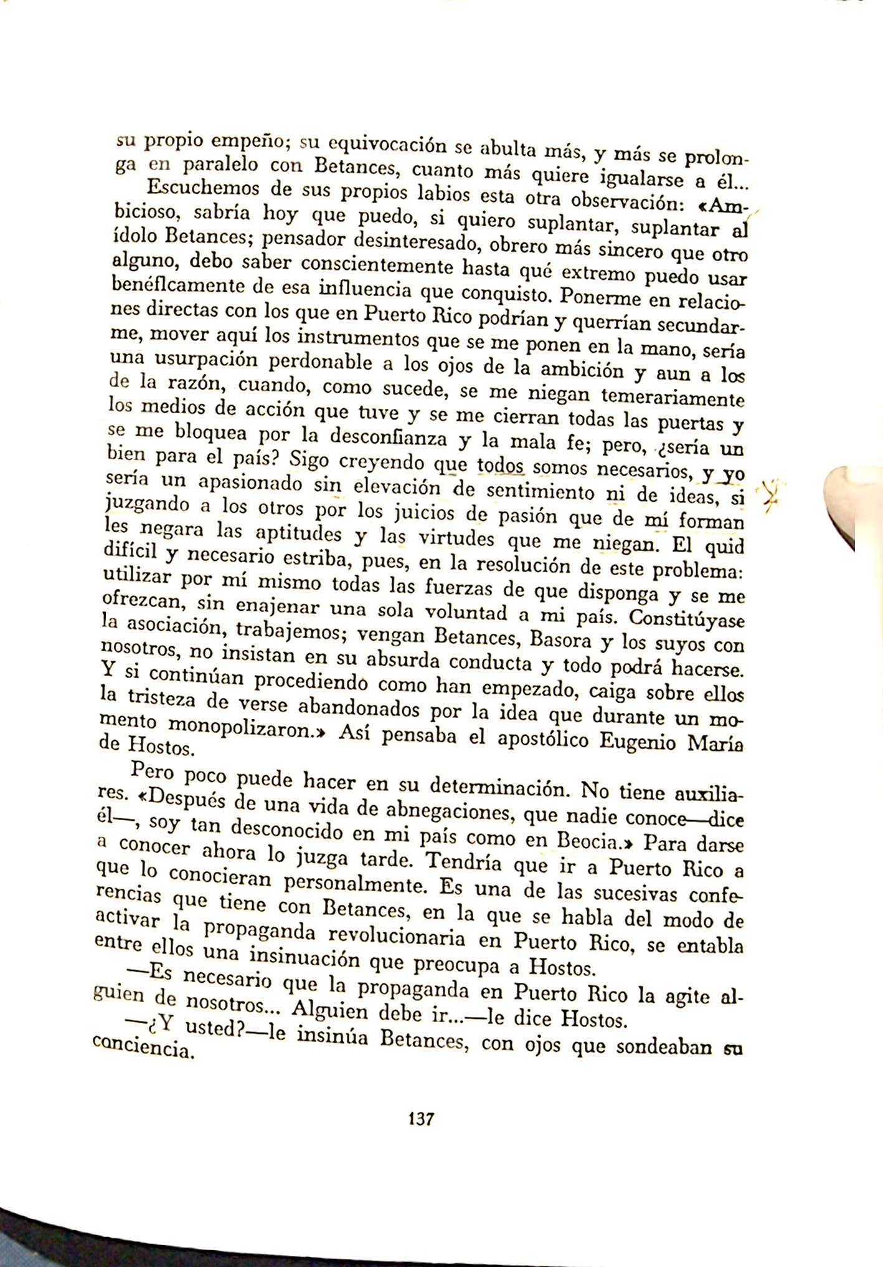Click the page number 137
(x=420, y=1117)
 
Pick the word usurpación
(x=202, y=361)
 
